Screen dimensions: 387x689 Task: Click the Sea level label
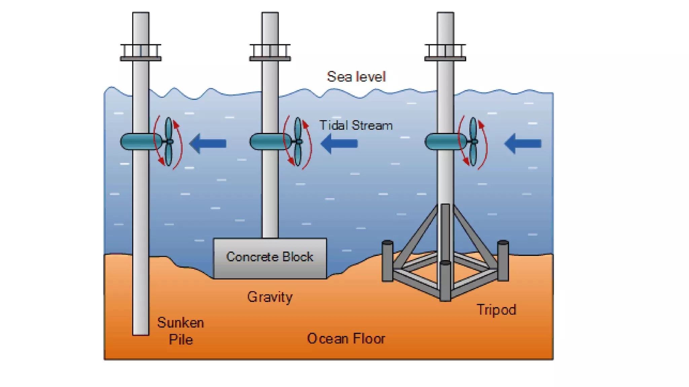(x=356, y=77)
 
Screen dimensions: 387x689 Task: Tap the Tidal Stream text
(x=356, y=126)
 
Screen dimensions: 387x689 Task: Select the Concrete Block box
(x=270, y=258)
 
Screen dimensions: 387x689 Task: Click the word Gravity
(x=270, y=297)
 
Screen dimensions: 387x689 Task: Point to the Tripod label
(x=496, y=310)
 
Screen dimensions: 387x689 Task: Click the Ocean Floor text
(x=346, y=339)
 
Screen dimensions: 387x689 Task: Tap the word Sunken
(x=181, y=323)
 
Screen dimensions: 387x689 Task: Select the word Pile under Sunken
(x=181, y=340)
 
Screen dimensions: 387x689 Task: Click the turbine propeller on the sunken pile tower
(x=169, y=142)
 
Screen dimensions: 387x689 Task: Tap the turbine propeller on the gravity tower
(x=298, y=142)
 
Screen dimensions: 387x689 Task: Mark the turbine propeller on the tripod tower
(x=473, y=142)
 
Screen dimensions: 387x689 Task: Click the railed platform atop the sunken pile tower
(x=141, y=53)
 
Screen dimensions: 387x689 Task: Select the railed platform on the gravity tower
(x=270, y=53)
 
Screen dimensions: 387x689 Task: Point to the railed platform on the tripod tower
(x=445, y=53)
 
